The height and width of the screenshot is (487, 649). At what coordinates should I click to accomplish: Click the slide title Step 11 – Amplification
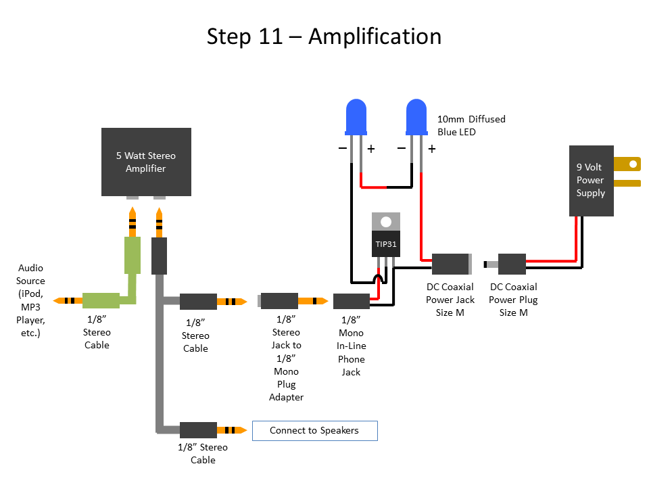point(324,36)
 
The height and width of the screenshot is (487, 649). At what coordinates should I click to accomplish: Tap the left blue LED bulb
point(356,116)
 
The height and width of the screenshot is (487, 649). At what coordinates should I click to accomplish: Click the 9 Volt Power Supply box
point(591,181)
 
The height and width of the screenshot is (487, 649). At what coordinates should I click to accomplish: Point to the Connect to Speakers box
point(314,430)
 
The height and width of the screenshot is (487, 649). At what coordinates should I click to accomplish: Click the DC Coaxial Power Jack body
point(451,263)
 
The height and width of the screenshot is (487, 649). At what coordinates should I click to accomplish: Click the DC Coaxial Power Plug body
point(512,263)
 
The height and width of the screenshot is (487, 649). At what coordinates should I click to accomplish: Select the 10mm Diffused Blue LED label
point(471,125)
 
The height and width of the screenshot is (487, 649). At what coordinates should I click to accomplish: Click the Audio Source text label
point(30,300)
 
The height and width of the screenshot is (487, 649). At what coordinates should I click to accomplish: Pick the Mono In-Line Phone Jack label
point(351,346)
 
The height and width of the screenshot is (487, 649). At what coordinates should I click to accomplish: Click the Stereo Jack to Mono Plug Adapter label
point(287,358)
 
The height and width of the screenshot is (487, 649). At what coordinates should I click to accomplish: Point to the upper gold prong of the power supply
point(627,164)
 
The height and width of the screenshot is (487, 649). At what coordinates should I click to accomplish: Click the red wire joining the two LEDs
point(387,187)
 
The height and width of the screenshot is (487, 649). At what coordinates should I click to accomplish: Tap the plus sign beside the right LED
point(431,149)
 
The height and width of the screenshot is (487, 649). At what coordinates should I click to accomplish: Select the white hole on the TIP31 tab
point(386,221)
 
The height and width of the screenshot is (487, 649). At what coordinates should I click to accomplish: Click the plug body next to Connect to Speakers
point(199,430)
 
